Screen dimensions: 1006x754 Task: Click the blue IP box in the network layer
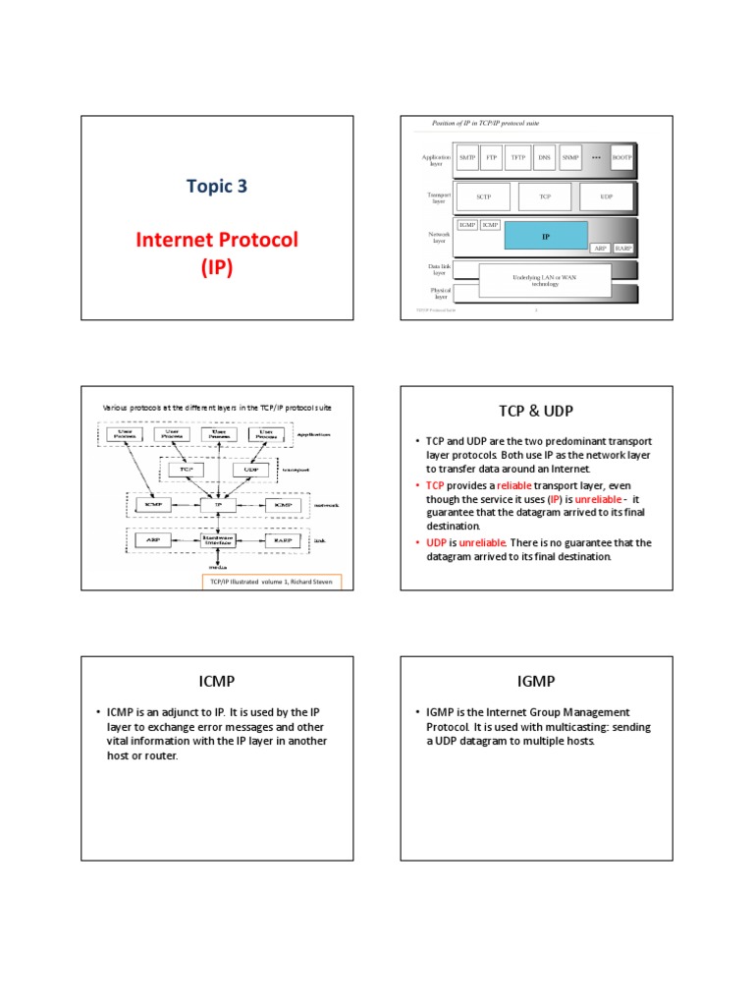pyautogui.click(x=546, y=236)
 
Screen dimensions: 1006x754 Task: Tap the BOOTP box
pyautogui.click(x=622, y=157)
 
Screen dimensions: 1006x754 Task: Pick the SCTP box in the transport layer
pyautogui.click(x=483, y=196)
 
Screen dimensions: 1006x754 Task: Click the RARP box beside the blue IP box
pyautogui.click(x=623, y=249)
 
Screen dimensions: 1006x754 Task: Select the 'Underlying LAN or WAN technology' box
pyautogui.click(x=544, y=280)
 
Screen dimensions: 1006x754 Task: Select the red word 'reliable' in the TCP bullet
pyautogui.click(x=514, y=485)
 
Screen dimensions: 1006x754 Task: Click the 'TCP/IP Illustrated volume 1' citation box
pyautogui.click(x=271, y=582)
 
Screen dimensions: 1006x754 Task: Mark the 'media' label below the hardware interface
pyautogui.click(x=215, y=567)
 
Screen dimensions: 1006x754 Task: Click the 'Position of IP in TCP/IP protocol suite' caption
pyautogui.click(x=486, y=123)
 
